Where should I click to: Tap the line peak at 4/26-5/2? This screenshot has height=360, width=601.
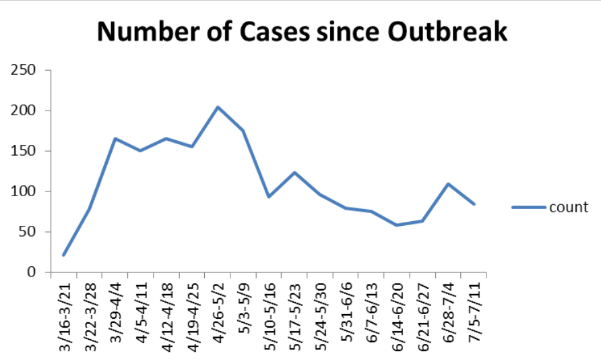(x=218, y=107)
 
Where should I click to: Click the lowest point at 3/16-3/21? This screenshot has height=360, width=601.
(x=64, y=255)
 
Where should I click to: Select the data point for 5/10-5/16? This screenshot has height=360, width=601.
(x=269, y=197)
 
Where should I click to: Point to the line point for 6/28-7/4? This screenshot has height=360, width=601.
(x=448, y=184)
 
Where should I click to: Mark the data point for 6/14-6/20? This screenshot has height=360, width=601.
(x=397, y=225)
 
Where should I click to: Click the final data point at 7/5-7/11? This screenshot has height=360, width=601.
(x=474, y=204)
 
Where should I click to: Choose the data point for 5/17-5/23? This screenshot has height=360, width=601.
(x=294, y=173)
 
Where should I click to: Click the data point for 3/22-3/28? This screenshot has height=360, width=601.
(x=90, y=208)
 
